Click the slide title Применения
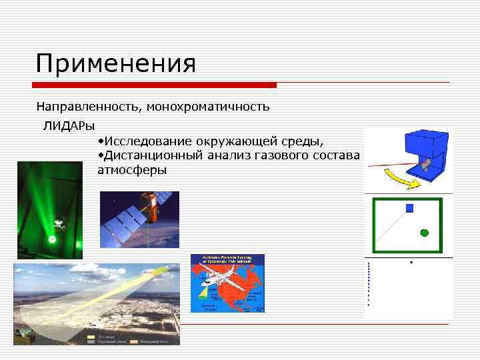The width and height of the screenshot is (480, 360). pos(116,64)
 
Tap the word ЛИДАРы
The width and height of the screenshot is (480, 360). pos(69,125)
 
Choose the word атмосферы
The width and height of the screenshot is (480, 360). pos(132,170)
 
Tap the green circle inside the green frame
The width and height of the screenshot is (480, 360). pos(424,233)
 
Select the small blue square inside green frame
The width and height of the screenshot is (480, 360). pos(409,208)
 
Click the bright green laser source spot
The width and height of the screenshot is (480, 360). pos(51,237)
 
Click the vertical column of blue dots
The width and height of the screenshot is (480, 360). pos(368,284)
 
